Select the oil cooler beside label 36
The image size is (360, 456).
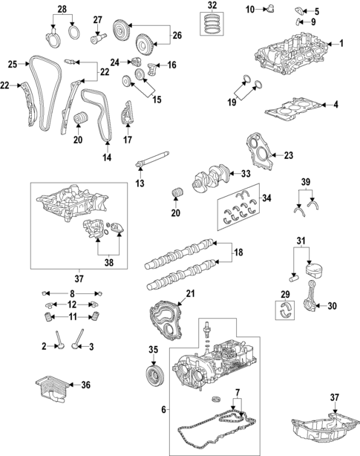coord(50,388)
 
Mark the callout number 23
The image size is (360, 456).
coord(289,155)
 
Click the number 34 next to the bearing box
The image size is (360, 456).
coord(267,198)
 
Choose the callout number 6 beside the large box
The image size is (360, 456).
coord(163,410)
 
